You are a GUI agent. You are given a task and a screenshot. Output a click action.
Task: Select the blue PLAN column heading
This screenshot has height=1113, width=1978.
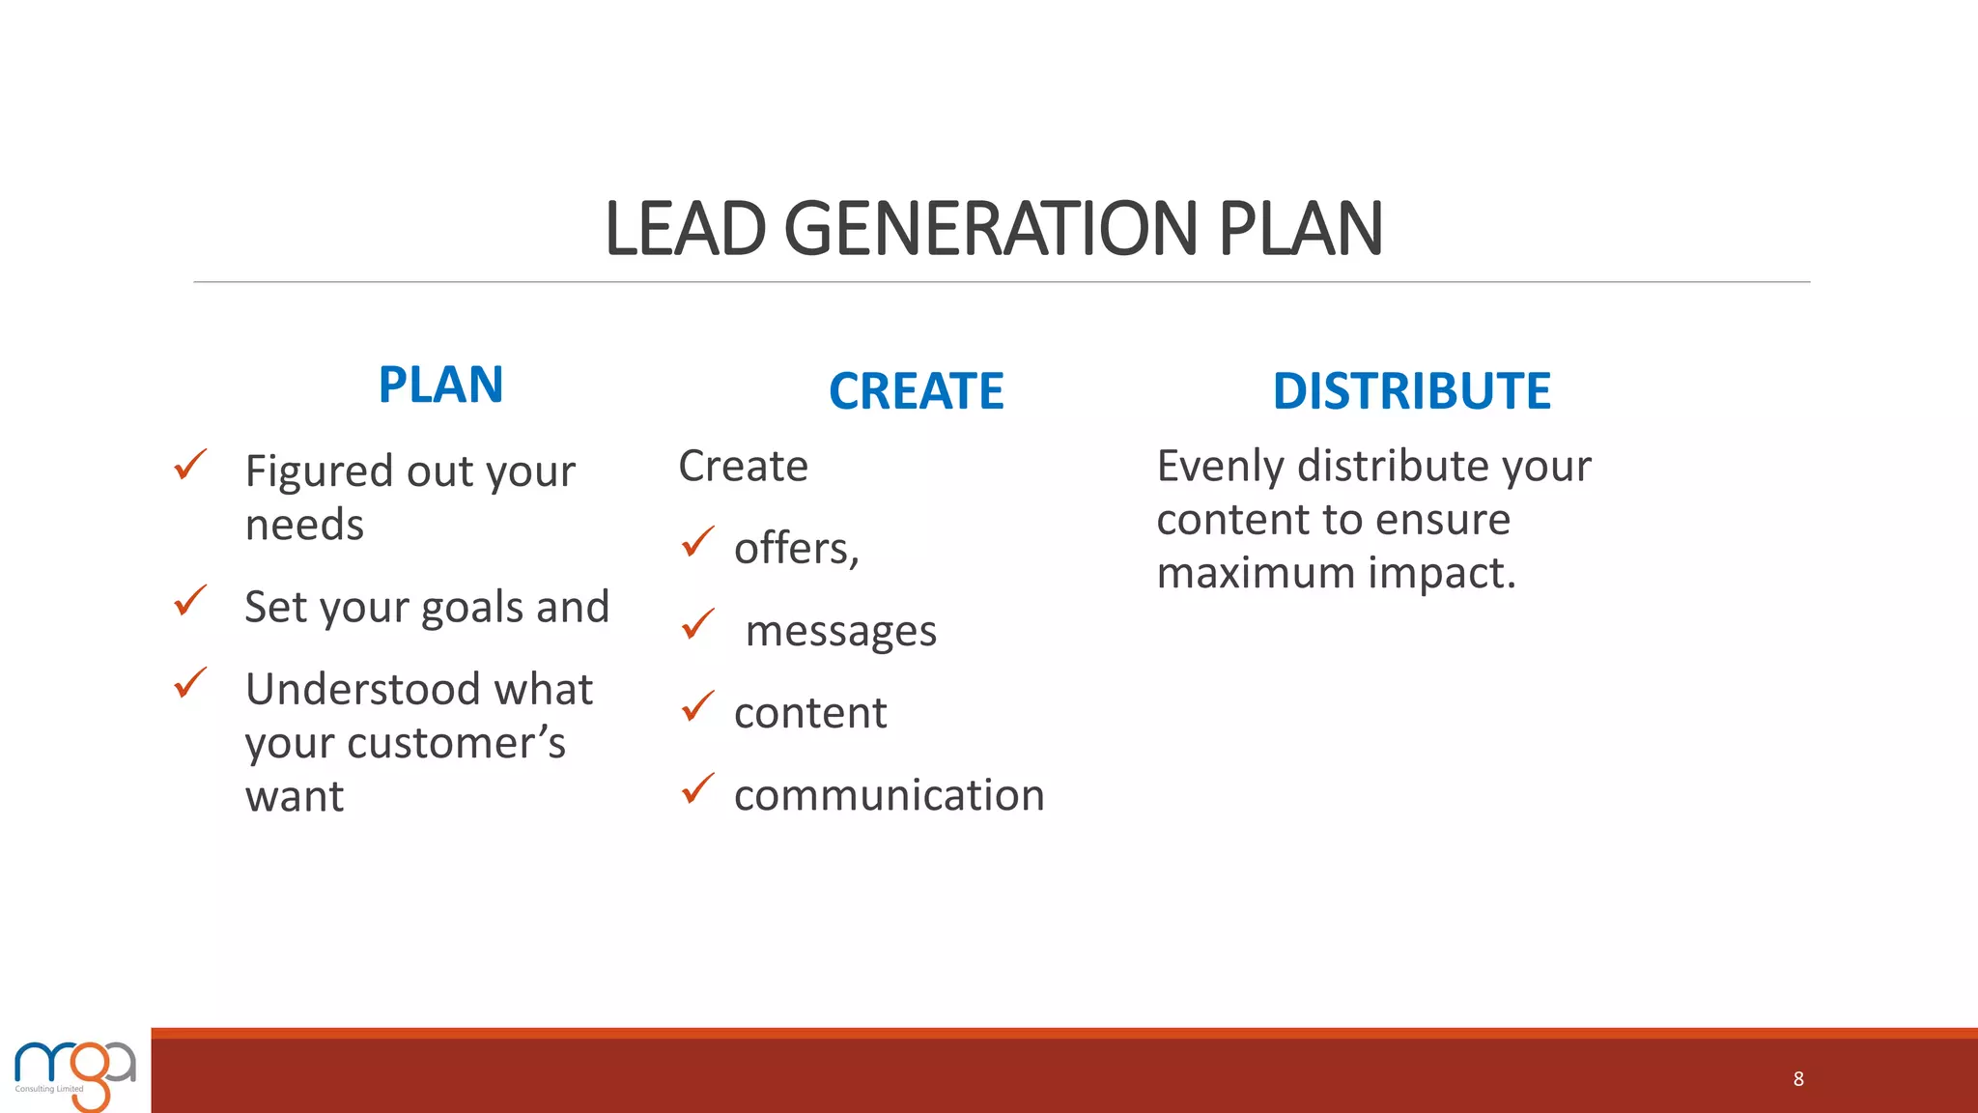click(x=440, y=385)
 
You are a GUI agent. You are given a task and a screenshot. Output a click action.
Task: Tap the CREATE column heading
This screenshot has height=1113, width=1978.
click(x=916, y=391)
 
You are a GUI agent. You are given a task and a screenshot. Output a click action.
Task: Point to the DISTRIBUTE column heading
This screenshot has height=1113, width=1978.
click(x=1411, y=391)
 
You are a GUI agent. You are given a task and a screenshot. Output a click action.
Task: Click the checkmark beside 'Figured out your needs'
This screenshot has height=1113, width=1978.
click(x=190, y=465)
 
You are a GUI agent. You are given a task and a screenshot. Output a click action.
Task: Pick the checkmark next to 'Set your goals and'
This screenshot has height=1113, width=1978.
click(x=190, y=600)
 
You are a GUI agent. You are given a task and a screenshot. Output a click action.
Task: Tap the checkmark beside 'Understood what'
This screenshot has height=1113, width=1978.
click(x=190, y=682)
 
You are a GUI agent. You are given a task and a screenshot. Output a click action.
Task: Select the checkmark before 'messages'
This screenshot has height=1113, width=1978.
click(x=697, y=624)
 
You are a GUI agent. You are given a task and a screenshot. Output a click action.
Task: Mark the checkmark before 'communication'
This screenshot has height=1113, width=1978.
click(x=697, y=788)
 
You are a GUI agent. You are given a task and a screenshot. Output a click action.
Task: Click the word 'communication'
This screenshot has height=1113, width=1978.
click(x=889, y=795)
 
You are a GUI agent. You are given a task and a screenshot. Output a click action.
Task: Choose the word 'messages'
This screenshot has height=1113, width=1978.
click(x=840, y=632)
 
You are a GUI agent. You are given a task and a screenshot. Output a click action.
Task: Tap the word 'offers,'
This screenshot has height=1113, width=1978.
click(x=796, y=549)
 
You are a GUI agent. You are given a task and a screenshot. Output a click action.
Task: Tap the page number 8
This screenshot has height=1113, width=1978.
click(x=1797, y=1079)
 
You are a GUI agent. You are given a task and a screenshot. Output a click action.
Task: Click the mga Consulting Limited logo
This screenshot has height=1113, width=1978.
click(x=75, y=1073)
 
